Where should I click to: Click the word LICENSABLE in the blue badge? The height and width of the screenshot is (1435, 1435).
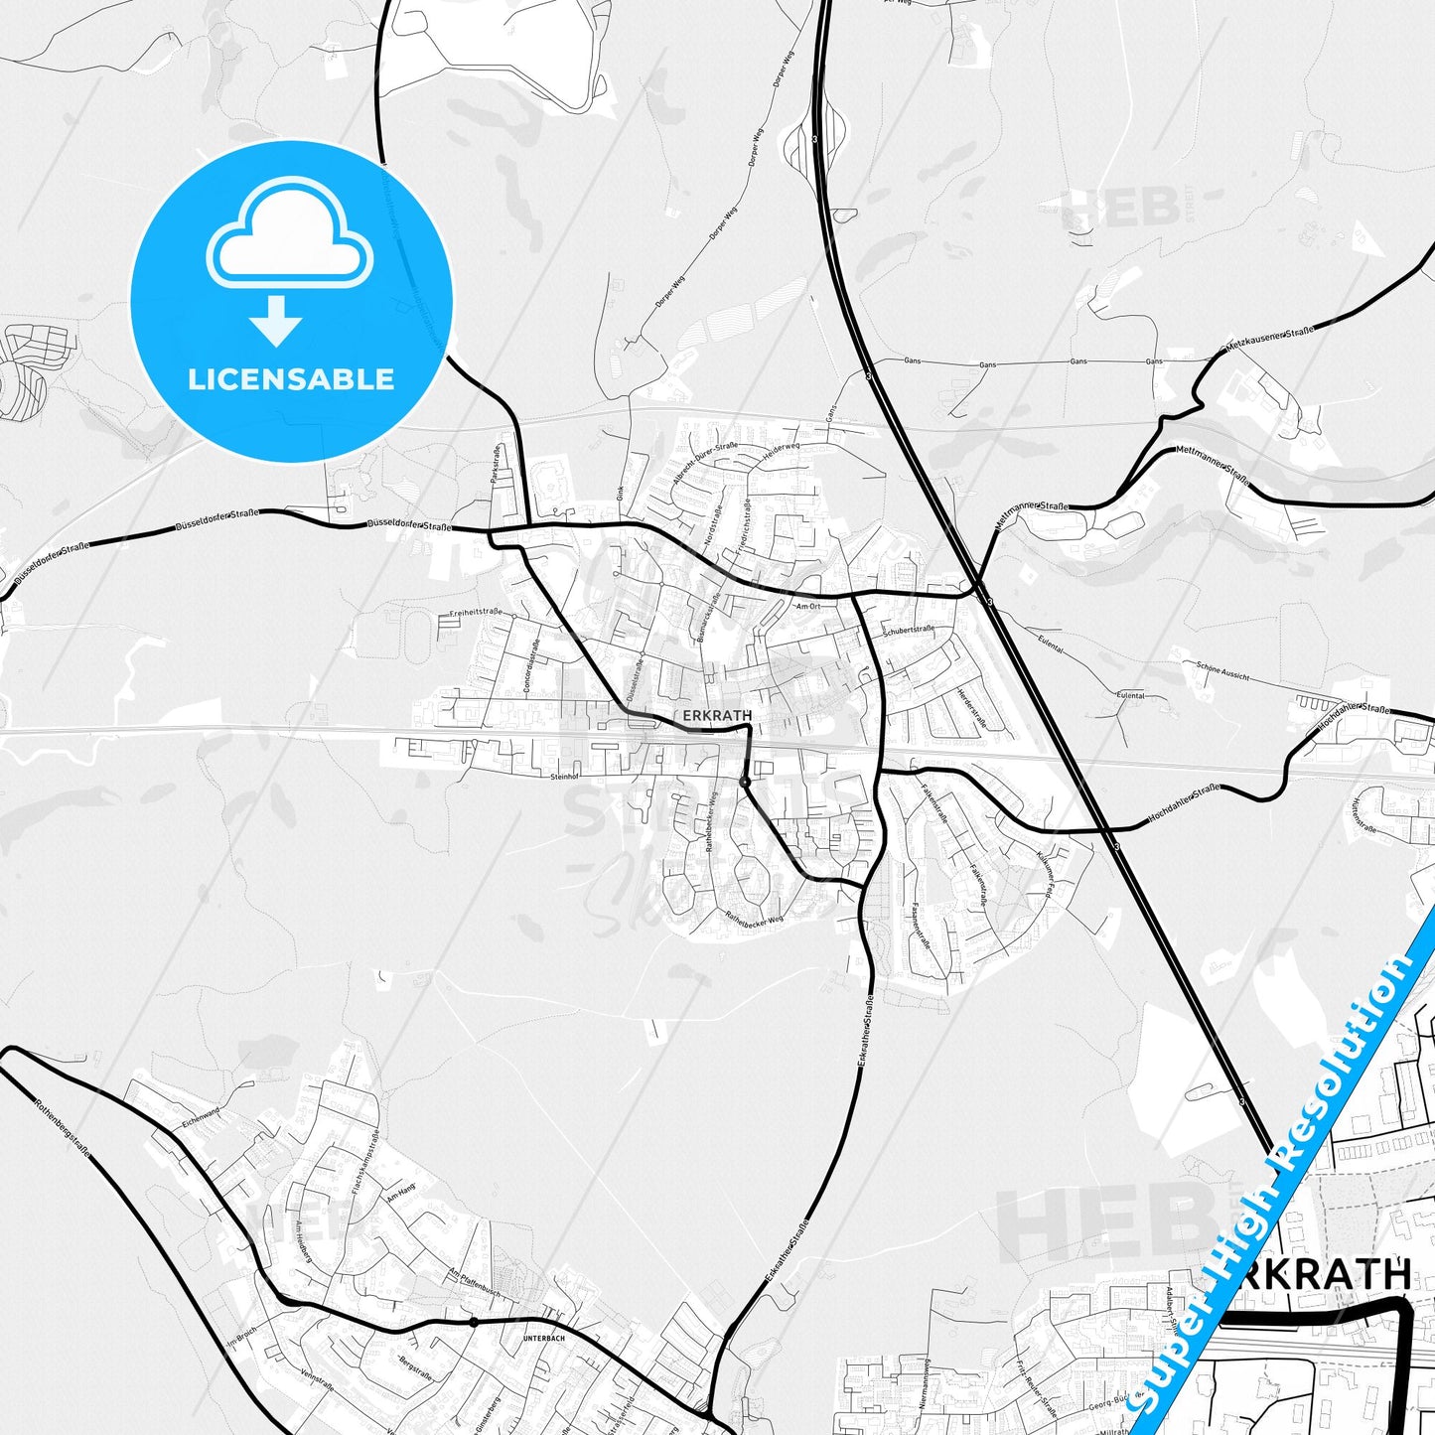pyautogui.click(x=291, y=378)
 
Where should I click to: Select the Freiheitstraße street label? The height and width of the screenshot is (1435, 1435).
pyautogui.click(x=476, y=613)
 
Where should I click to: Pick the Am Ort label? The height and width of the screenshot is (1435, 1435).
pyautogui.click(x=808, y=605)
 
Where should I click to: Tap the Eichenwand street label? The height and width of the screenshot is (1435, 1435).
pyautogui.click(x=200, y=1117)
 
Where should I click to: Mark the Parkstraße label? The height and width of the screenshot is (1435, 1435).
pyautogui.click(x=496, y=463)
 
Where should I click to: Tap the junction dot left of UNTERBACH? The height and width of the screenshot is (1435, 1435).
pyautogui.click(x=474, y=1322)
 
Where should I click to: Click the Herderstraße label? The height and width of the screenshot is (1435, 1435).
pyautogui.click(x=972, y=708)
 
